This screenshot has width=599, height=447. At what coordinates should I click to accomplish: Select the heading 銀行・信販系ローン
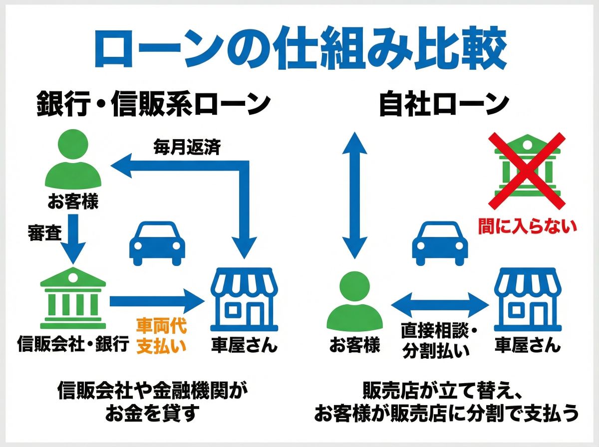pos(154,104)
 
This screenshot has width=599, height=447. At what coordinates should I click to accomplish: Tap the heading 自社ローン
pos(443,104)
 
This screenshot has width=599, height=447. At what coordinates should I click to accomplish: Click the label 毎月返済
pos(187,148)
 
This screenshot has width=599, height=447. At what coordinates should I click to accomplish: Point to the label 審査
pos(44,233)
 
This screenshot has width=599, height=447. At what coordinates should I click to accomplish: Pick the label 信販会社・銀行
pos(73,345)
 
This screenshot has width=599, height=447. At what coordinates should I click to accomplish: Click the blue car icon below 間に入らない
pos(440,243)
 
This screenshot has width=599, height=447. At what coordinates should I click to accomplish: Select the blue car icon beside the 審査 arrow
pos(157,243)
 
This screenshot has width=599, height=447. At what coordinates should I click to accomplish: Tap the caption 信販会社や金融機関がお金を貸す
pos(153,401)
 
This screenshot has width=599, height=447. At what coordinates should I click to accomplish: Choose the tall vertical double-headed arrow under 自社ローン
pos(355,196)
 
